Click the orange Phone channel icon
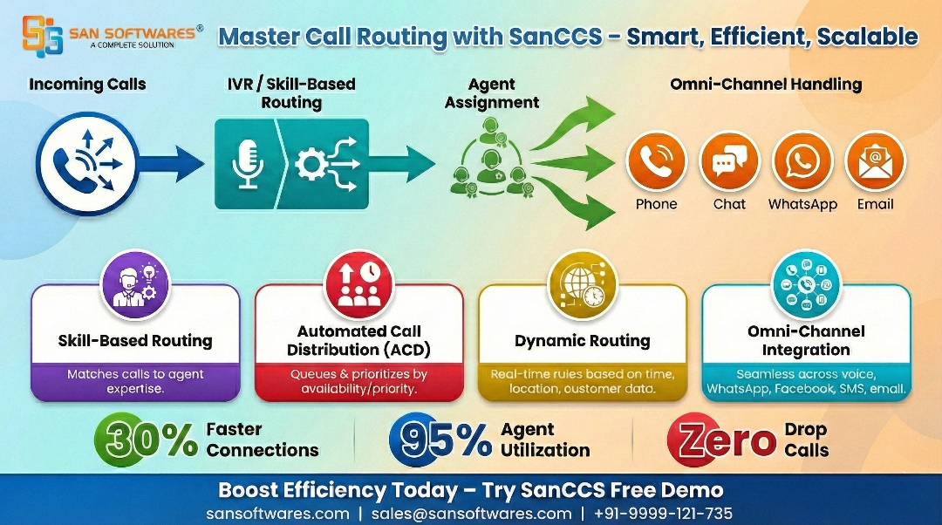pyautogui.click(x=656, y=162)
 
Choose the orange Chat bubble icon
pyautogui.click(x=729, y=162)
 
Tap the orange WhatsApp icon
pyautogui.click(x=802, y=162)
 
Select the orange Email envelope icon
pyautogui.click(x=875, y=162)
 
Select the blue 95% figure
pyautogui.click(x=442, y=440)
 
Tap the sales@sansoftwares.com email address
pyautogui.click(x=471, y=514)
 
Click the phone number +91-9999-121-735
pyautogui.click(x=663, y=514)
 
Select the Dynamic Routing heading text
pyautogui.click(x=582, y=341)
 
